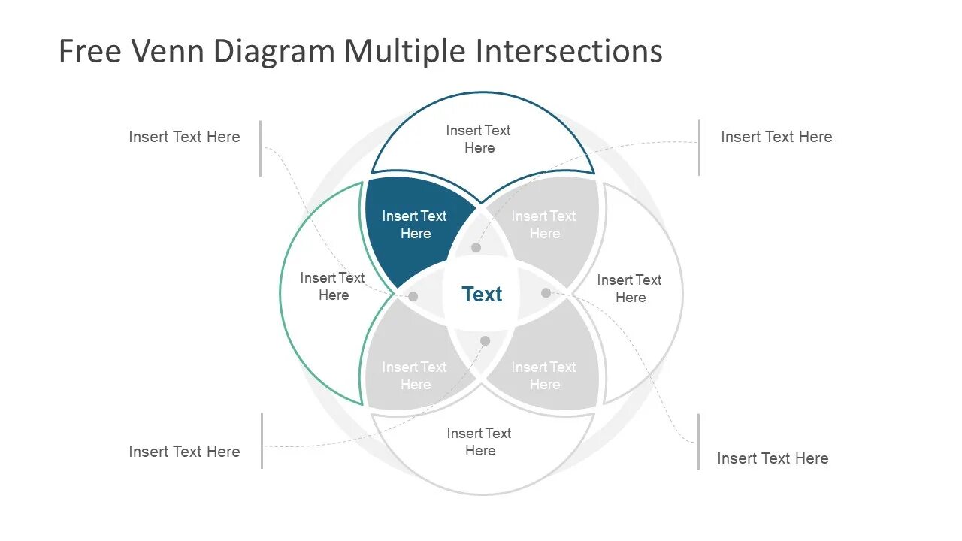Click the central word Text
coord(482,295)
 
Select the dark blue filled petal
coord(413,225)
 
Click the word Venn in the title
coord(171,51)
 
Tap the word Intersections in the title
coord(568,51)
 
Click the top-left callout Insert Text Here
coord(184,137)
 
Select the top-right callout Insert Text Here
coord(776,137)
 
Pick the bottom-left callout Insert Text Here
coord(184,452)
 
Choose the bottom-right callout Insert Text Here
coord(773,458)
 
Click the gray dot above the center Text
coord(476,247)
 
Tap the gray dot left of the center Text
coord(413,296)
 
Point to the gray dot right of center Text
coord(546,292)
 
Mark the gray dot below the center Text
coord(485,340)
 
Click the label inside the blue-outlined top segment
coord(479,139)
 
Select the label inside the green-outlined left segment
coord(333,286)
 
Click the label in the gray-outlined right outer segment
coord(630,289)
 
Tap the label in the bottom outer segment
coord(479,442)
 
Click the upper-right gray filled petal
coord(544,225)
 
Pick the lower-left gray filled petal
coord(414,376)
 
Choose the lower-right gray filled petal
coord(544,376)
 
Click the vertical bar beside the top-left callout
coord(261,148)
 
